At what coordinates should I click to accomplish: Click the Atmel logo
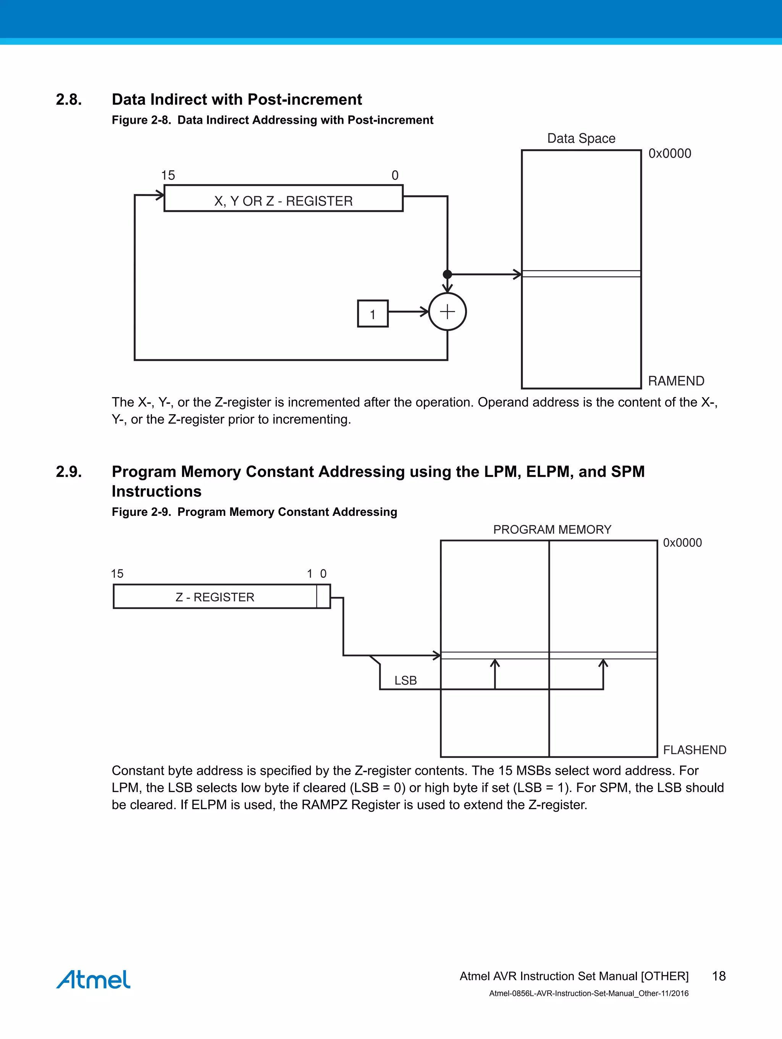94,979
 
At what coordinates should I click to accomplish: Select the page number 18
719,976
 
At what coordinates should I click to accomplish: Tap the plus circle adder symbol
448,312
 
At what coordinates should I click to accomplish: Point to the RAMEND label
676,381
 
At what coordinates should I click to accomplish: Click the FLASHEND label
694,750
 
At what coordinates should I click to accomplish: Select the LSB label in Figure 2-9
406,680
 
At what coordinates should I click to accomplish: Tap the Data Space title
581,139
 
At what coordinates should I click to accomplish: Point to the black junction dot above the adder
448,274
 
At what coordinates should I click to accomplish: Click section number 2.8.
69,100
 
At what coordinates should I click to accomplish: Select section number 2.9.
69,472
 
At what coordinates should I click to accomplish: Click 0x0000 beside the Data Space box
669,154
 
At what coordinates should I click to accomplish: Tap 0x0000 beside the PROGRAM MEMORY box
682,543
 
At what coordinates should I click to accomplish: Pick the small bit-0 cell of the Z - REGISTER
323,596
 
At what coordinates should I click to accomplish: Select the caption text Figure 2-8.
141,120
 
